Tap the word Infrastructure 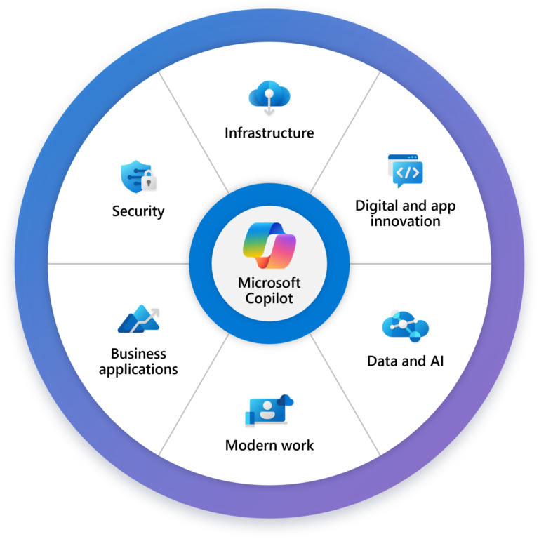pyautogui.click(x=269, y=133)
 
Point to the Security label pyautogui.click(x=138, y=211)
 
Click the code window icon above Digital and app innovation pyautogui.click(x=406, y=171)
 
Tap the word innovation pyautogui.click(x=406, y=222)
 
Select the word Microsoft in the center pyautogui.click(x=269, y=283)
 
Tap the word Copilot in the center pyautogui.click(x=269, y=298)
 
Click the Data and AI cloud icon pyautogui.click(x=405, y=326)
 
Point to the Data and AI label pyautogui.click(x=405, y=361)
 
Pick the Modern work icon pyautogui.click(x=267, y=411)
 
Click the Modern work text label pyautogui.click(x=269, y=445)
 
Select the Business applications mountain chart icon pyautogui.click(x=138, y=319)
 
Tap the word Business pyautogui.click(x=138, y=354)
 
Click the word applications pyautogui.click(x=138, y=369)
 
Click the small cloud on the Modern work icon pyautogui.click(x=285, y=400)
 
